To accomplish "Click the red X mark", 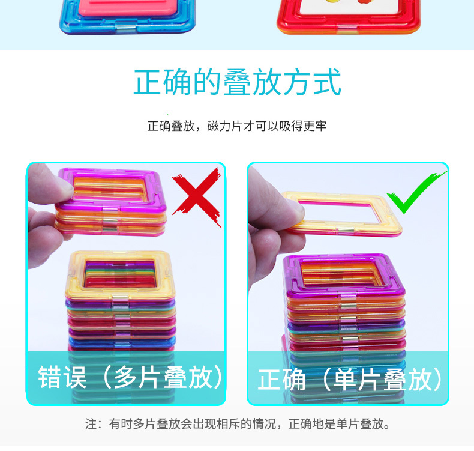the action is point(197,196).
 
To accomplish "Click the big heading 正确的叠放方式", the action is point(238,82).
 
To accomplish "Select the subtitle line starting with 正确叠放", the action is point(237,126).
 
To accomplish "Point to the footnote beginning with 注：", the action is point(238,424).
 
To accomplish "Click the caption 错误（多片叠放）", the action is point(130,377).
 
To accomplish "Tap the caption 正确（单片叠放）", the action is point(350,380).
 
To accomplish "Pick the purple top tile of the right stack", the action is point(344,291).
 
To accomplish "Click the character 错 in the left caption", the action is point(50,377).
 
